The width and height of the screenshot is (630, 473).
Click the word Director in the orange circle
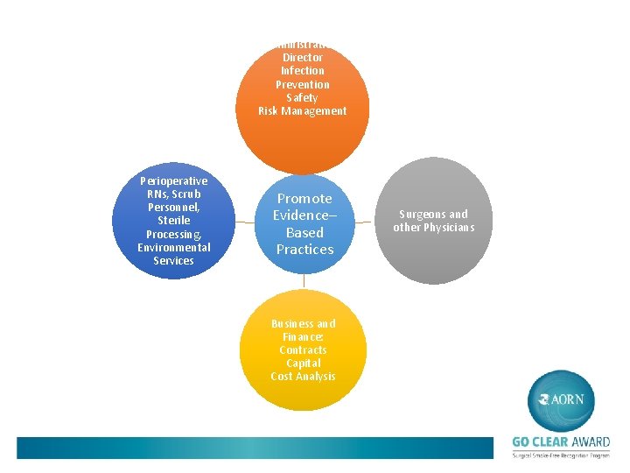tap(303, 57)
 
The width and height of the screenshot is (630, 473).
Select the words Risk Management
tap(303, 110)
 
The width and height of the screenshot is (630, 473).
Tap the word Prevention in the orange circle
tap(303, 84)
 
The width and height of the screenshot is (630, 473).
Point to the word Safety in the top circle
tap(303, 97)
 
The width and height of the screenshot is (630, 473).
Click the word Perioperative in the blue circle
tap(174, 181)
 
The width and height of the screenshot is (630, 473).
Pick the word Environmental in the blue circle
tap(174, 247)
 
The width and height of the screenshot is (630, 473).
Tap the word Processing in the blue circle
tap(173, 234)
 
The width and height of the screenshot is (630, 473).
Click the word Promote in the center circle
tap(304, 199)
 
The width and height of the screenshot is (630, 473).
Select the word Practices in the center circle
tap(305, 250)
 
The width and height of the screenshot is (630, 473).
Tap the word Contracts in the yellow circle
tap(303, 349)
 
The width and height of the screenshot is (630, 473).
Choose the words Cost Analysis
tap(303, 376)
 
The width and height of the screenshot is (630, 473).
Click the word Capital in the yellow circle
tap(303, 363)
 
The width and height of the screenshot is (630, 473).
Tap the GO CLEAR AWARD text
tap(561, 442)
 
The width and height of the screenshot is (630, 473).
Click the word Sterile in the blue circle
tap(174, 221)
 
